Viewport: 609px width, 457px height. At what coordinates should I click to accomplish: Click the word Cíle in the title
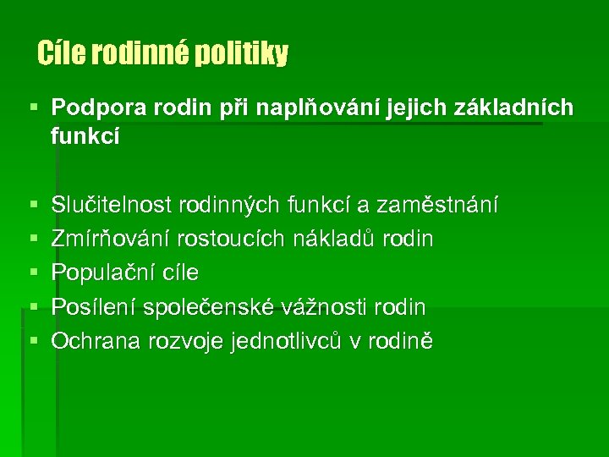pos(57,54)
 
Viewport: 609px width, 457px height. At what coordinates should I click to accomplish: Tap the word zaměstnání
pos(438,205)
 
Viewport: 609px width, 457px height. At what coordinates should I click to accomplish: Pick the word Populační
pos(98,273)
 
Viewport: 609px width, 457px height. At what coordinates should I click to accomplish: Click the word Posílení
pos(89,306)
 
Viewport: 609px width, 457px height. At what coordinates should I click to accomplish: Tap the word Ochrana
pos(94,340)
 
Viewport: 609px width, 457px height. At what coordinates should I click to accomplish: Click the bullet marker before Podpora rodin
pos(33,109)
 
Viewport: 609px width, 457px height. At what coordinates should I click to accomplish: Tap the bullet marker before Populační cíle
pos(33,273)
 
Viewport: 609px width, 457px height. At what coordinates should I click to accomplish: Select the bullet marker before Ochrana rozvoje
pos(33,341)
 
